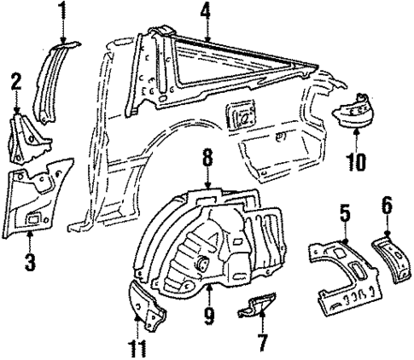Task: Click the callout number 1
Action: point(61,12)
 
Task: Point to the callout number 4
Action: point(205,13)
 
